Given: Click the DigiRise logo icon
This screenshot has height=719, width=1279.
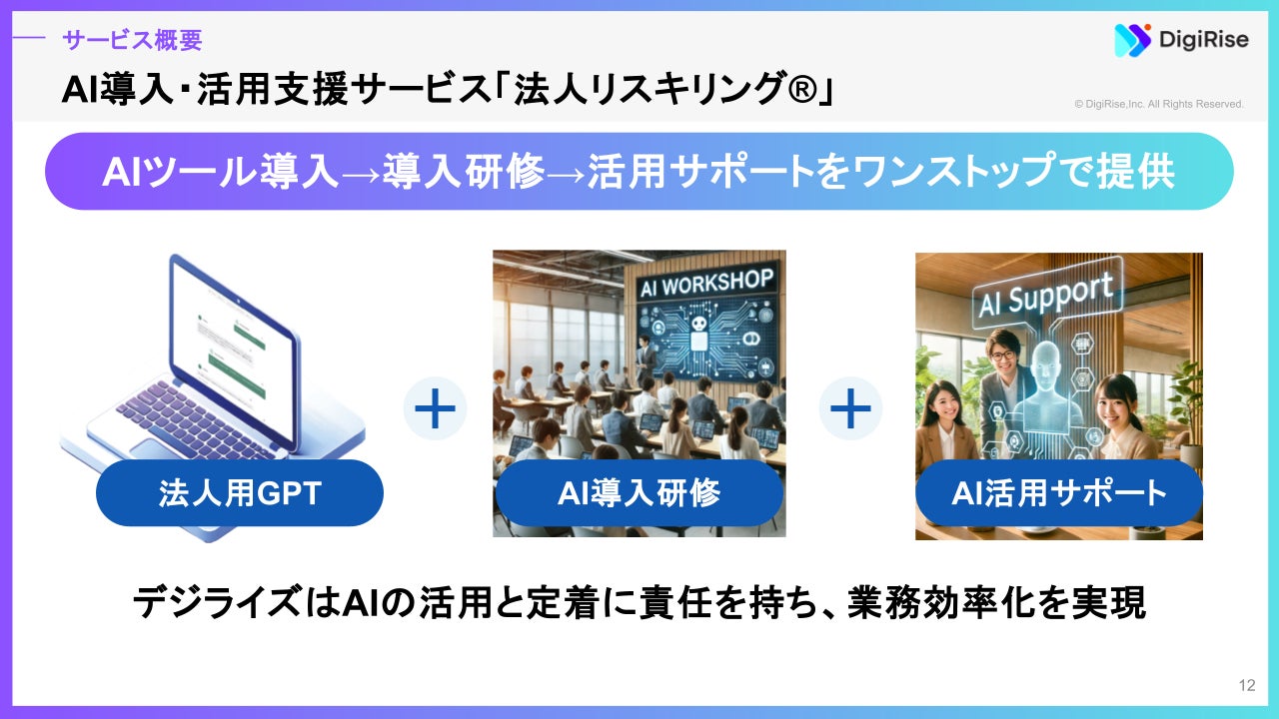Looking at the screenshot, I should tap(1133, 40).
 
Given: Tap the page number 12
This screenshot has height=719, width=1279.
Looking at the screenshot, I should tap(1246, 685).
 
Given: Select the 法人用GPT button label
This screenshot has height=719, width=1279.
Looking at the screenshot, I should tap(240, 493).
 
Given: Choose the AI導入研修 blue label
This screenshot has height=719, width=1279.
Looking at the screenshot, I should tap(639, 493).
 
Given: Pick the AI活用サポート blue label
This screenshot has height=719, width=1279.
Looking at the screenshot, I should tap(1059, 493).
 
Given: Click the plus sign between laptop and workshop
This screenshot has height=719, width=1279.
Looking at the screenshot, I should tap(435, 408).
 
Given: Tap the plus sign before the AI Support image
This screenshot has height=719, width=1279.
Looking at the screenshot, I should tap(850, 408).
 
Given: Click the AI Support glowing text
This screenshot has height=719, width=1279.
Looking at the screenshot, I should tap(1044, 298).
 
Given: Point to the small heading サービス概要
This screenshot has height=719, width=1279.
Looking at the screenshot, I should tap(132, 40).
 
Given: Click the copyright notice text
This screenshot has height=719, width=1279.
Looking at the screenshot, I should tap(1159, 104).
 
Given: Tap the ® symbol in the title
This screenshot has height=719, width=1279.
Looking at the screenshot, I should tap(795, 91).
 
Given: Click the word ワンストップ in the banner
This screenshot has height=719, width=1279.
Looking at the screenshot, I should tap(986, 172).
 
